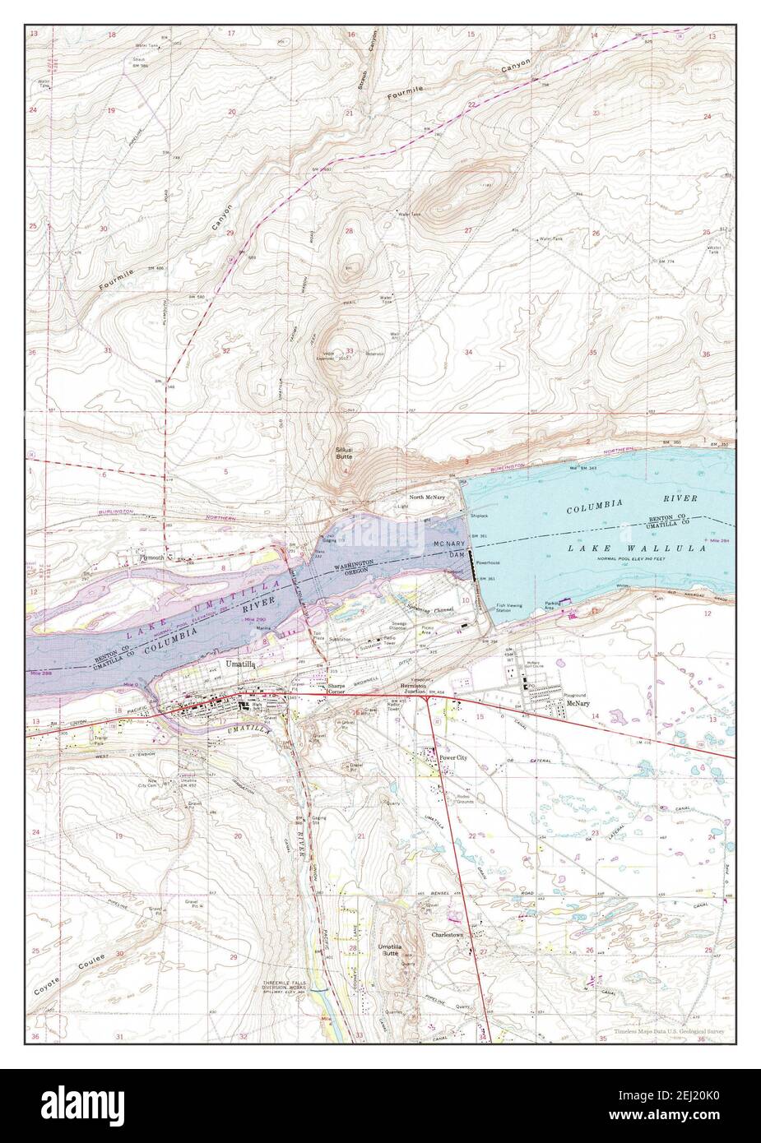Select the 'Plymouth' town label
pyautogui.click(x=151, y=557)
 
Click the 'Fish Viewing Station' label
pyautogui.click(x=508, y=609)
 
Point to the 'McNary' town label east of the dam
pyautogui.click(x=577, y=704)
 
